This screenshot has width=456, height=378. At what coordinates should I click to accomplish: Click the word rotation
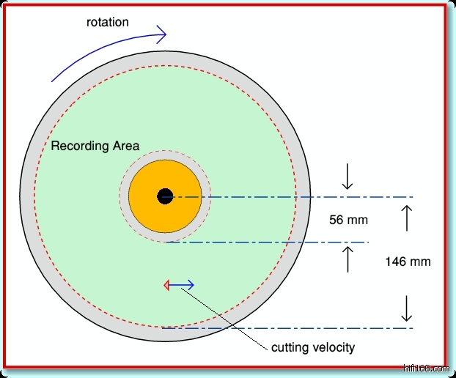(108, 22)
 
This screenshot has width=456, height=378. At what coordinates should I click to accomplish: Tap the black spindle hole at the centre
(165, 196)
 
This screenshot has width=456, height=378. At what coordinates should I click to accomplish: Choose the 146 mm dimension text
(408, 262)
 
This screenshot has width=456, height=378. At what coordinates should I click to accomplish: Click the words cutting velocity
(313, 347)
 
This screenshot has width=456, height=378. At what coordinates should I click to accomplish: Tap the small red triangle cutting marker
(167, 285)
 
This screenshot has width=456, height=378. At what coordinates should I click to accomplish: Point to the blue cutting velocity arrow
(183, 285)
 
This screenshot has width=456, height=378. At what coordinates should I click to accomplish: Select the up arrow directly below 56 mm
(348, 258)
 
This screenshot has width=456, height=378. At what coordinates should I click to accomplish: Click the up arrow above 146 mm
(408, 218)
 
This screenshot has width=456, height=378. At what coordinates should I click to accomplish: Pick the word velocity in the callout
(335, 347)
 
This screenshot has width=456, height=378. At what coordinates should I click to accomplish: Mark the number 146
(397, 262)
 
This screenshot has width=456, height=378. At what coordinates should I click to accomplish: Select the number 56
(337, 220)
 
